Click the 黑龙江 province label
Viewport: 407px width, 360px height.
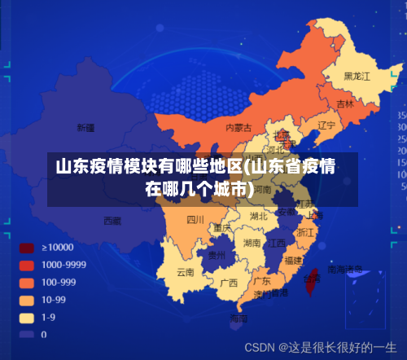[x=357, y=76]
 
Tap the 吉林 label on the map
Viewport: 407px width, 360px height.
[x=345, y=104]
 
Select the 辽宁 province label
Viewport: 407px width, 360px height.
[x=326, y=125]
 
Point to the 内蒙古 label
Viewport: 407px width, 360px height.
[x=239, y=127]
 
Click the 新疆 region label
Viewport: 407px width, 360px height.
[x=85, y=128]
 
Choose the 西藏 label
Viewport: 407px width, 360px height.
[x=112, y=221]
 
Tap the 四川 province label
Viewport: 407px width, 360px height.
[x=195, y=219]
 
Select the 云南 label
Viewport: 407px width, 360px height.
[x=186, y=272]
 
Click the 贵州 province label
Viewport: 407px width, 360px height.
[x=217, y=255]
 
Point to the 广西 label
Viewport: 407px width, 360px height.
[x=230, y=283]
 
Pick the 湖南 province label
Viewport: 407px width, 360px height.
[x=252, y=243]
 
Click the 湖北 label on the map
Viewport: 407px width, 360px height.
[x=258, y=217]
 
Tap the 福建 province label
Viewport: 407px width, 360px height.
[x=294, y=260]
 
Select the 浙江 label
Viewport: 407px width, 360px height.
[x=306, y=232]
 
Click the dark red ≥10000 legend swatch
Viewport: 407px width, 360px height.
[x=27, y=247]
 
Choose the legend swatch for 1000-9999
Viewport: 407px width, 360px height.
[x=27, y=265]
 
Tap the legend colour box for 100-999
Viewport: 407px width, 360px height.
[x=27, y=282]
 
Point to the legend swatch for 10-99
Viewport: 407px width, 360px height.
[x=27, y=300]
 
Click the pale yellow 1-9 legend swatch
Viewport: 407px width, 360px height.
[x=27, y=317]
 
